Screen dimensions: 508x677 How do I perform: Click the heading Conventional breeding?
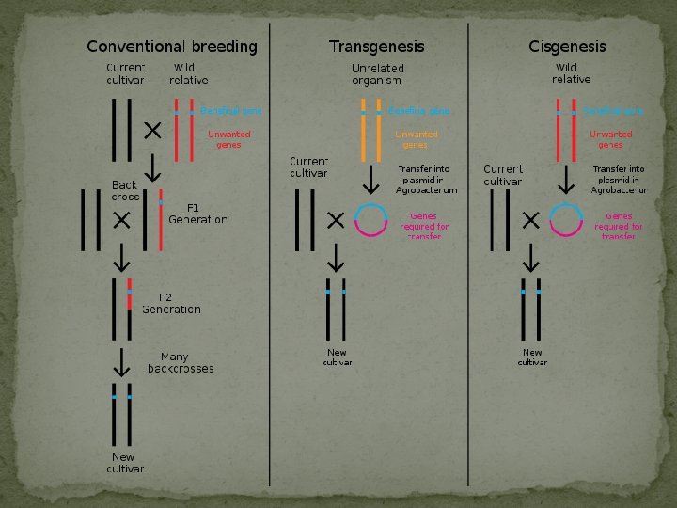172,46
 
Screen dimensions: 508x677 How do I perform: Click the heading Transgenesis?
376,46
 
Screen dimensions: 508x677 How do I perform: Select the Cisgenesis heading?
567,46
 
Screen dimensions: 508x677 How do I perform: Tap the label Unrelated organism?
377,74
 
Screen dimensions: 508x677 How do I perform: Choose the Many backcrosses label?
180,363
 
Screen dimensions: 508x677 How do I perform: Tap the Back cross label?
125,191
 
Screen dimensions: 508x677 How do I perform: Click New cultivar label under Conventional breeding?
125,463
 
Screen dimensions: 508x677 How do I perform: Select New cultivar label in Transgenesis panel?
337,357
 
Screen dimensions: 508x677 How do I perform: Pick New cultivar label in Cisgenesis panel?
531,357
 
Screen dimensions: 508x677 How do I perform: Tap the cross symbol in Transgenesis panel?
335,219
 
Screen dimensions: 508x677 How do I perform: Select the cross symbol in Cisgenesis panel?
529,219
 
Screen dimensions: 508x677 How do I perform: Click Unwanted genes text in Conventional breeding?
228,139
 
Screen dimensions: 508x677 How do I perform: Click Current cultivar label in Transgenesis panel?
308,167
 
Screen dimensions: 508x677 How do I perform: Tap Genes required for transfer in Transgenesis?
424,227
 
